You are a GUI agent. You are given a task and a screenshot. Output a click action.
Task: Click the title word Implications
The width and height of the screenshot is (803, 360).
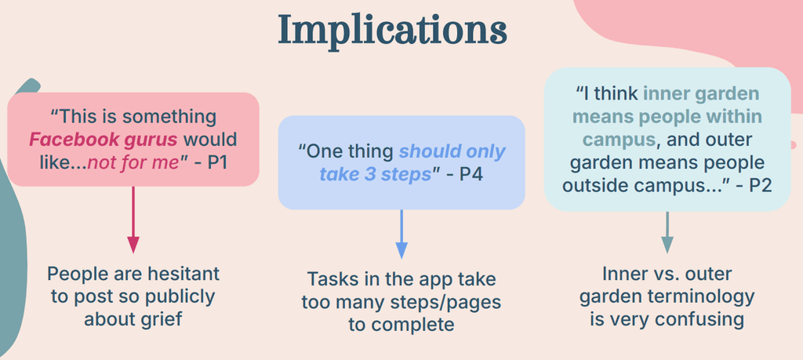(392, 31)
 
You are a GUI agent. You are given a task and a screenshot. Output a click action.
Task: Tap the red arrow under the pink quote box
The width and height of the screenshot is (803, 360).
(133, 220)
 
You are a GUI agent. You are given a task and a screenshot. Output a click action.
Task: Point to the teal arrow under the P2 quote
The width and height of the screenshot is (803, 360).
(667, 232)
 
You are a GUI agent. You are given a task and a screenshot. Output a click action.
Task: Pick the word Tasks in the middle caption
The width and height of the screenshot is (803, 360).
(331, 278)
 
